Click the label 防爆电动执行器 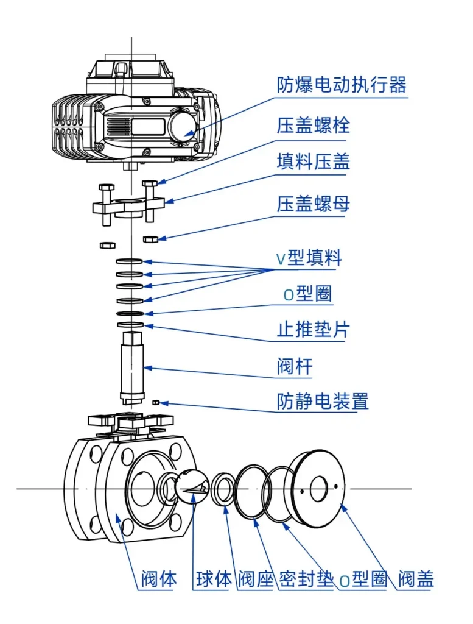342,85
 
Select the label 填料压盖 314,163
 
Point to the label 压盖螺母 314,204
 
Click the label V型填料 309,258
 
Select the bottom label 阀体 159,578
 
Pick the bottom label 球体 214,578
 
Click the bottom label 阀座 256,578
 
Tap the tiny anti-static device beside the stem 156,402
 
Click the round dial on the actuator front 182,126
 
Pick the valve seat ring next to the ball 223,488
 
